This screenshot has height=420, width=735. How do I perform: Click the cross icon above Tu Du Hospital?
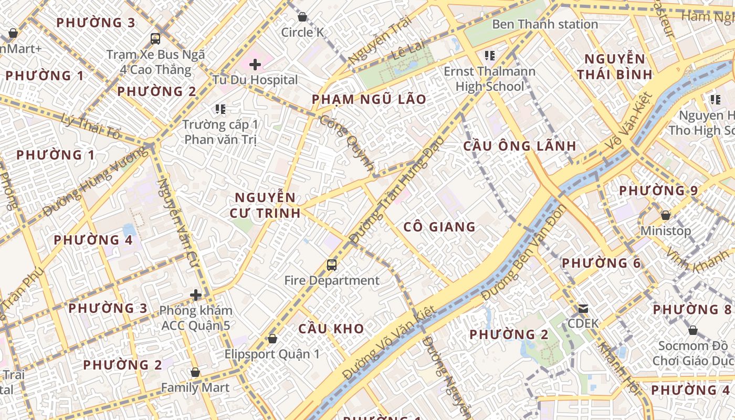click(255, 65)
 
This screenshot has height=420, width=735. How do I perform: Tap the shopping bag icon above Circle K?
click(302, 17)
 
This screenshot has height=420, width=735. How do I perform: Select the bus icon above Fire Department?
click(332, 265)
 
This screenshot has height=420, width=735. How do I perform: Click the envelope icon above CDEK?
click(583, 308)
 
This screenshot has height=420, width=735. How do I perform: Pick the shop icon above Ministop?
click(666, 215)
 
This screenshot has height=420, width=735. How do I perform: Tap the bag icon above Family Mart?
click(195, 372)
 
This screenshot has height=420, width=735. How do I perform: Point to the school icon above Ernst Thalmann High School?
click(490, 55)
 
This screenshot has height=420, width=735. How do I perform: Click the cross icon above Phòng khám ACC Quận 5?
click(196, 295)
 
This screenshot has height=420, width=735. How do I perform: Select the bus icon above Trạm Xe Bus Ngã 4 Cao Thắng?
click(155, 38)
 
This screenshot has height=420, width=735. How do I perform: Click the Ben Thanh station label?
click(545, 24)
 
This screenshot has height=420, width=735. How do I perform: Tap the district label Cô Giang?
click(439, 227)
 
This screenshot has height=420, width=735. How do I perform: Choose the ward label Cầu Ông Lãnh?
click(520, 146)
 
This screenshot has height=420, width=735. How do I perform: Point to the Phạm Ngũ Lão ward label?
click(369, 99)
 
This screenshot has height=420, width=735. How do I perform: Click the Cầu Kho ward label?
click(331, 329)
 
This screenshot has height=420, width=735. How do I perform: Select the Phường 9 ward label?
click(658, 191)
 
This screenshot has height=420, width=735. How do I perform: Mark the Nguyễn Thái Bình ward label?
click(615, 67)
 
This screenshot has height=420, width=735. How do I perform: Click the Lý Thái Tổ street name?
click(90, 127)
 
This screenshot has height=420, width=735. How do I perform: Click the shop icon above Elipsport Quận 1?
click(272, 339)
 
